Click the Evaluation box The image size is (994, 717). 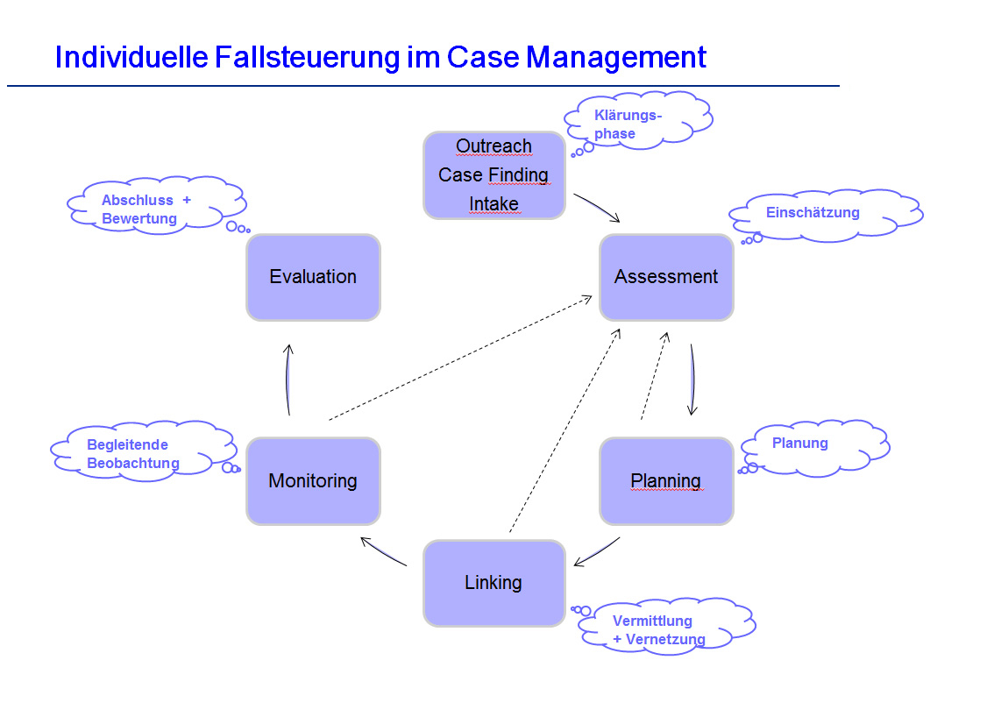click(x=313, y=277)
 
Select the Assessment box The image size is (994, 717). click(x=666, y=277)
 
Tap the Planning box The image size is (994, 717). click(x=666, y=480)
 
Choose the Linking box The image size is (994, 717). click(x=493, y=583)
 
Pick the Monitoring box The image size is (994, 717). click(x=313, y=480)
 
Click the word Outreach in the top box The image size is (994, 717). click(x=493, y=146)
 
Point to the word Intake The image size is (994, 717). click(x=493, y=204)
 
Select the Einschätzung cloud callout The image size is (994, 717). click(x=824, y=214)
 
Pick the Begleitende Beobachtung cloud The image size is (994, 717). click(x=140, y=453)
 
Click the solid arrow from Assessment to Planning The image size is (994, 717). click(x=692, y=379)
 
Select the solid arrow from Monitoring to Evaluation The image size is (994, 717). click(x=288, y=379)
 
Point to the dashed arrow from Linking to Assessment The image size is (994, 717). click(x=564, y=430)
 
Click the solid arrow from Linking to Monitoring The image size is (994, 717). click(x=384, y=551)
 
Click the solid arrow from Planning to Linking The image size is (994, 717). click(x=597, y=551)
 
